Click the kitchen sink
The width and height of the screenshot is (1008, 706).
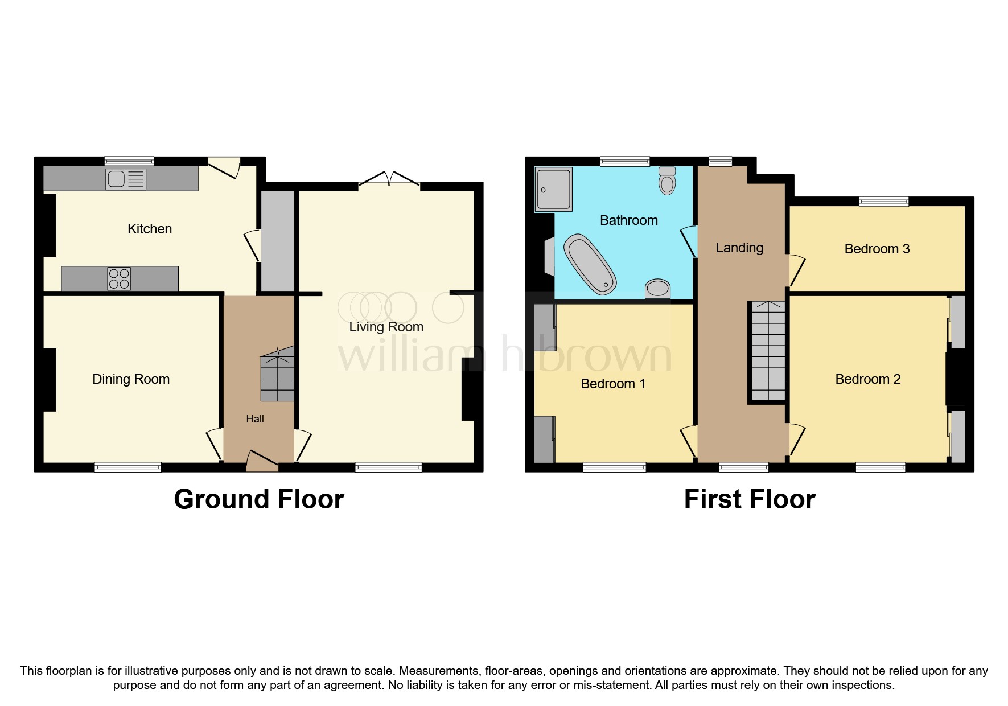point(125,179)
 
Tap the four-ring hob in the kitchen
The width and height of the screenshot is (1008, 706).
point(119,278)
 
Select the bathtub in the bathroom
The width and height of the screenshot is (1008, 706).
point(590,265)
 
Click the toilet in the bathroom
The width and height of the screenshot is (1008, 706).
point(666,180)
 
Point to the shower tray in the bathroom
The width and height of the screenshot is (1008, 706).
point(553,188)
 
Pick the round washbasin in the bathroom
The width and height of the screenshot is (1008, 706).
point(657,289)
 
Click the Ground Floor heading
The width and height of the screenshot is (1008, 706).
point(258,499)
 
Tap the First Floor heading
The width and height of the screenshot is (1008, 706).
point(749,499)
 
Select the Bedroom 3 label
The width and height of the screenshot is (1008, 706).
point(877,249)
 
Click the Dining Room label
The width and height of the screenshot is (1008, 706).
point(131,379)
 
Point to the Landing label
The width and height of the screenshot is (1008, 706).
point(739,248)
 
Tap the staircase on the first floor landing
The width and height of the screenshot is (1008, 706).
point(768,351)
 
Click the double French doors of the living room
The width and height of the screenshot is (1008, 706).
point(389,178)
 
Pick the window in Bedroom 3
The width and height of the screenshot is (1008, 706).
point(883,201)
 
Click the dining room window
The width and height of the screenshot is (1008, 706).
point(128,467)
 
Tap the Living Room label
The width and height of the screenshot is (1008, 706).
point(386,327)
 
